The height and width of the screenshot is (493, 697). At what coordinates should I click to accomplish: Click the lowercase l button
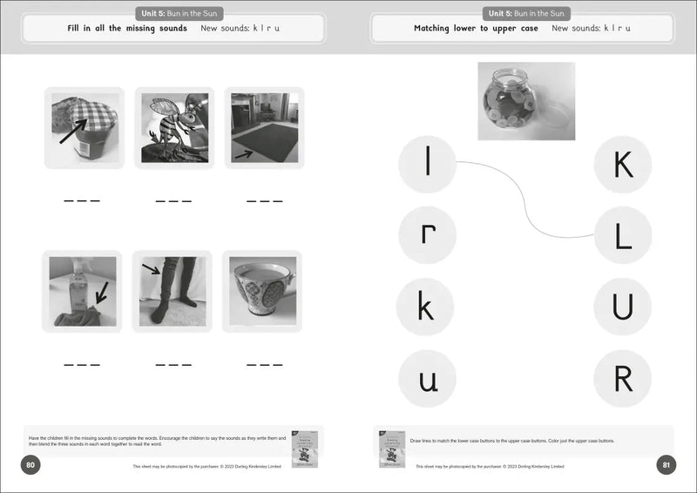coord(427,164)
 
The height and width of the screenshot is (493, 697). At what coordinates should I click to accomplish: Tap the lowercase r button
coord(427,235)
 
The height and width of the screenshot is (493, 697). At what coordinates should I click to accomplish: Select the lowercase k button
coord(425,307)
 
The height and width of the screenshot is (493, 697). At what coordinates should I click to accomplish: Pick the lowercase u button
coord(427,378)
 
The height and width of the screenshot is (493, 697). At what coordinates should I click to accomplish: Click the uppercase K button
coord(623,164)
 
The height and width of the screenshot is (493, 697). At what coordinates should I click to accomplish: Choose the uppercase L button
coord(623,235)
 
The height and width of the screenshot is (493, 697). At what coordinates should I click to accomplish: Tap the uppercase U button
coord(623,307)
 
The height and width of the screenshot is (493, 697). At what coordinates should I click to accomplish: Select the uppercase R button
coord(623,378)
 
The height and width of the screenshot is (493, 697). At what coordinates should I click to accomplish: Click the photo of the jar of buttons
coord(526,101)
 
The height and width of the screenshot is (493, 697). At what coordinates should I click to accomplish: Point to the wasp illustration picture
coord(174,127)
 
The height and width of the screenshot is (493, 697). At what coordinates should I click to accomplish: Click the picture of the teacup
coord(263,291)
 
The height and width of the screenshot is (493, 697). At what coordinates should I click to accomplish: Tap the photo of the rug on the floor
coord(264,127)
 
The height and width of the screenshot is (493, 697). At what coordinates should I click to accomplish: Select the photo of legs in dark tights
coord(173,291)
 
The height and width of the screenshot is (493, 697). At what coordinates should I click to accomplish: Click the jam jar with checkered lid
coord(84,127)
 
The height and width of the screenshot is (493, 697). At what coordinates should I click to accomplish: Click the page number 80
coord(30,465)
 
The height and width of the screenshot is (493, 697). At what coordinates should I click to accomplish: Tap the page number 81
coord(666,465)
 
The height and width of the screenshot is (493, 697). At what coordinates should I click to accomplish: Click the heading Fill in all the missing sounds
coord(127,29)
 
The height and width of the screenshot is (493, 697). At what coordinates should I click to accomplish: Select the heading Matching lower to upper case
coord(476,29)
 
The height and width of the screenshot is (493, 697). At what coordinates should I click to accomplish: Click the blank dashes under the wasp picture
coord(173,202)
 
